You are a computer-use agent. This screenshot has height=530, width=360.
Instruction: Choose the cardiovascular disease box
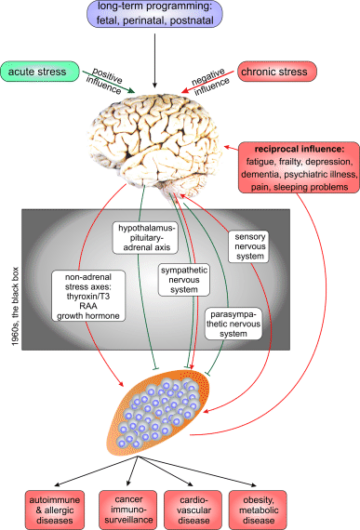(224, 506)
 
